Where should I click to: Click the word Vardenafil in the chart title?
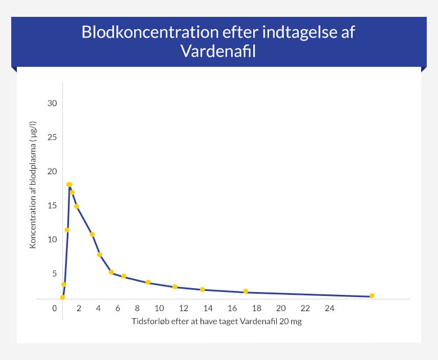click(x=218, y=51)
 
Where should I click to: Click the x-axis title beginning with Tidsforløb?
click(x=217, y=322)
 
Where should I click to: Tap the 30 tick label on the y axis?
click(x=52, y=103)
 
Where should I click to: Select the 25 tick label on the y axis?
click(x=52, y=138)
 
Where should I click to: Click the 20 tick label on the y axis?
click(x=52, y=171)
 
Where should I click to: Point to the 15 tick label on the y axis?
click(x=52, y=206)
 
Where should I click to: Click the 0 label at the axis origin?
click(x=54, y=309)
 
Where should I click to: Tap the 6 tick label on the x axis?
click(x=118, y=309)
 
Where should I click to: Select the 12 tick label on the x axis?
click(x=184, y=309)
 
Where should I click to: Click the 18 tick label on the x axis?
click(x=257, y=309)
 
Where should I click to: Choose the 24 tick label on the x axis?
click(x=330, y=309)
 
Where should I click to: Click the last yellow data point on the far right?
click(x=372, y=296)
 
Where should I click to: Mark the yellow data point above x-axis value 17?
click(x=245, y=291)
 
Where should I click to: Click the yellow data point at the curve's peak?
click(x=69, y=184)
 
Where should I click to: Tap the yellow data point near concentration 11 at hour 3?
click(x=92, y=234)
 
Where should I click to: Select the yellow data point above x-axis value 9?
click(x=148, y=282)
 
